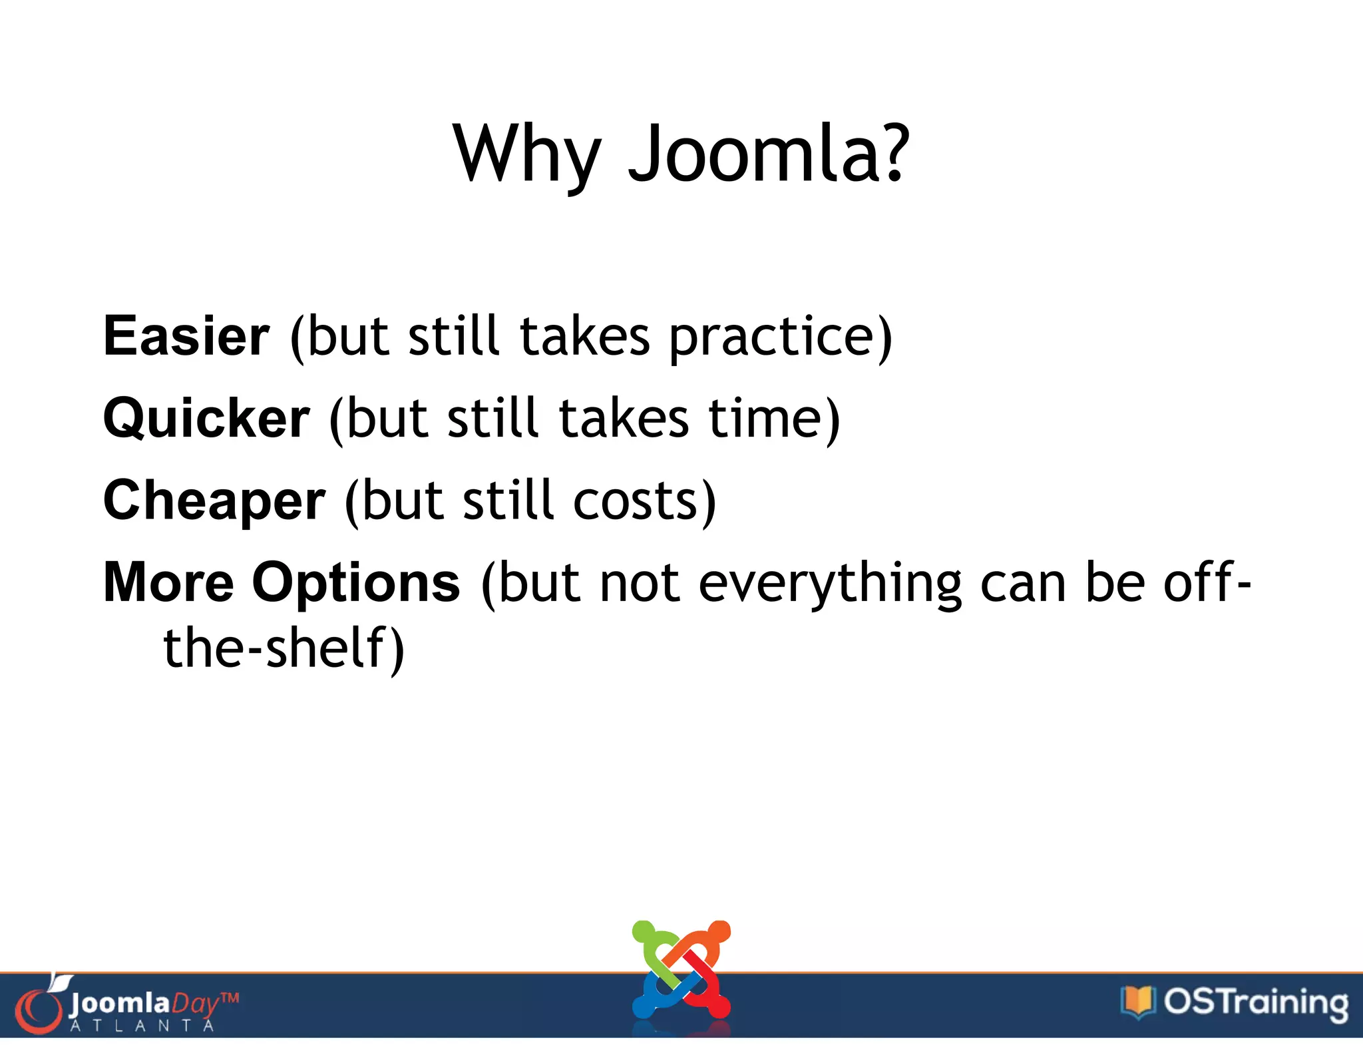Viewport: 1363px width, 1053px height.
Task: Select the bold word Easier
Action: click(x=186, y=336)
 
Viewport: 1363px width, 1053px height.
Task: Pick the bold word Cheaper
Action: click(x=214, y=501)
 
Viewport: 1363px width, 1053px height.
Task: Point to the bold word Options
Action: click(x=356, y=582)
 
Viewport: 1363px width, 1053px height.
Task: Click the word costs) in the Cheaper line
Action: click(x=644, y=501)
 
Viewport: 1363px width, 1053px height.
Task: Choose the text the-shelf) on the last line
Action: click(x=284, y=648)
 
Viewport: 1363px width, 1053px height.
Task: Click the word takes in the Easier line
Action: click(x=584, y=336)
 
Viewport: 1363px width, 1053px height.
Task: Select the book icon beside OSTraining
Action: click(x=1137, y=1001)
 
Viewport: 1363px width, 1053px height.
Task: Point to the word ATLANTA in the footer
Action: click(x=142, y=1026)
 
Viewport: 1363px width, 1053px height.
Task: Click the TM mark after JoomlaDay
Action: click(x=229, y=998)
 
